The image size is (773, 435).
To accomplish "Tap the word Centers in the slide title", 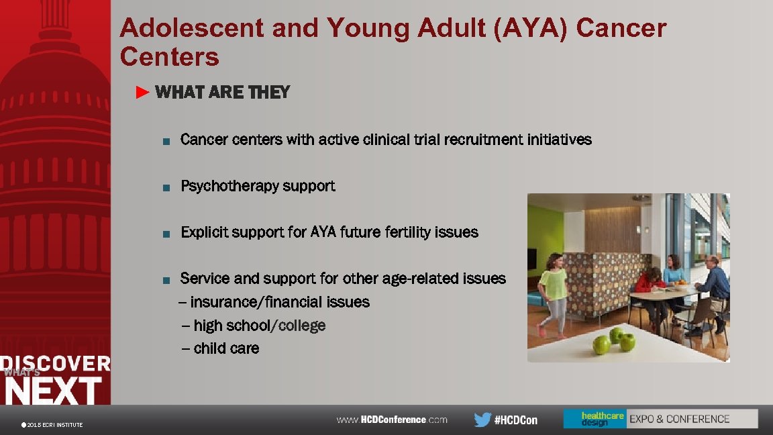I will tap(169, 57).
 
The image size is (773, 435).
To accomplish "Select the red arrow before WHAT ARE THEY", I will tap(142, 93).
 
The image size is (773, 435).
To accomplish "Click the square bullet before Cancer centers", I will tap(166, 141).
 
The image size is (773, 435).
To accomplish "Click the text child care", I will tap(226, 348).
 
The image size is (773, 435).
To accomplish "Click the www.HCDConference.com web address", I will tap(392, 420).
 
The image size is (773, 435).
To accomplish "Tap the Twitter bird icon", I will tap(482, 420).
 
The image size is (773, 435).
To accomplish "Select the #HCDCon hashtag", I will tap(516, 420).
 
